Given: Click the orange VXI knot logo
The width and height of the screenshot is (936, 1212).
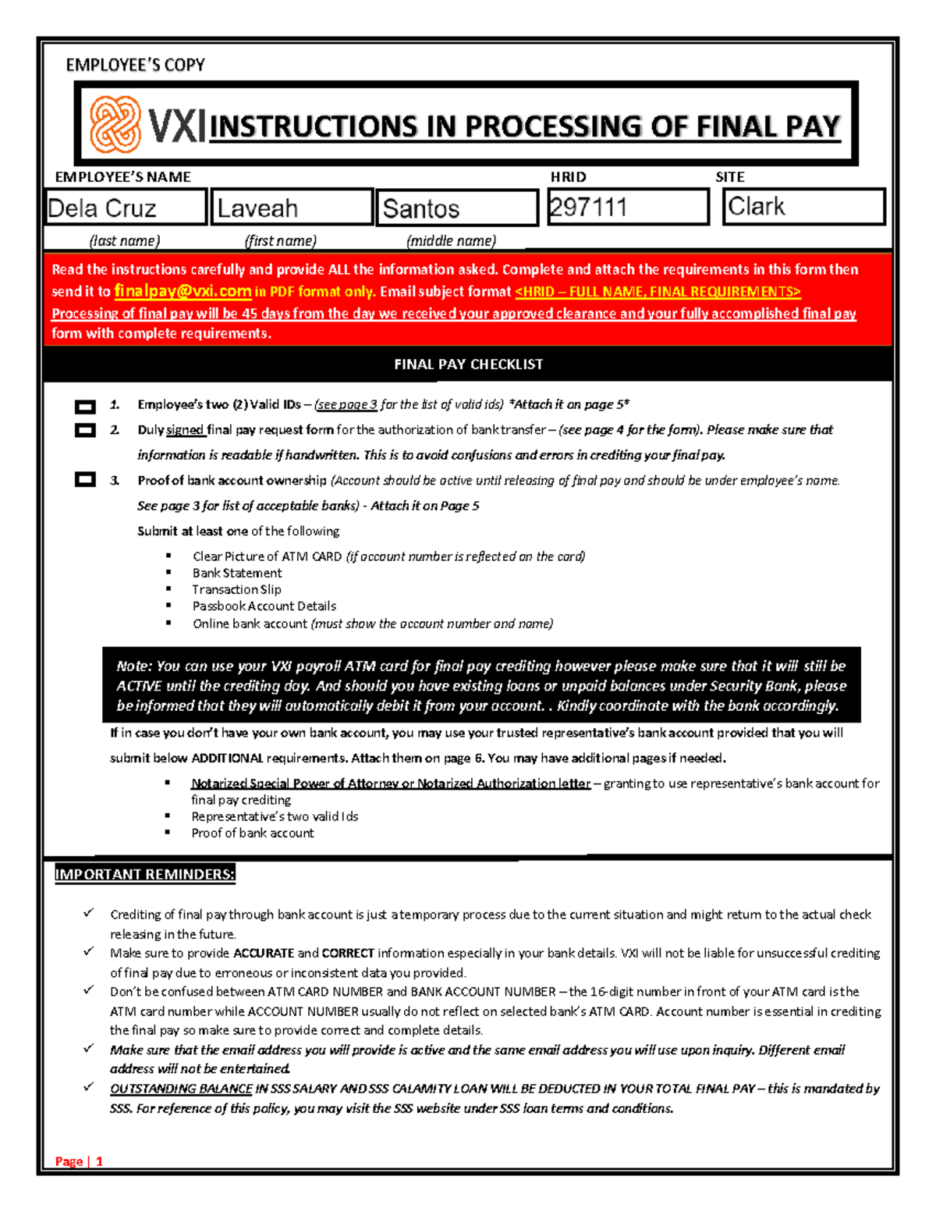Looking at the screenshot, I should coord(115,125).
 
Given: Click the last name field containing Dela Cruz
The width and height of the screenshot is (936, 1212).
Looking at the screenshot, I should coord(126,208).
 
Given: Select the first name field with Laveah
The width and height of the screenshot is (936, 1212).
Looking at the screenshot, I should coord(291,208).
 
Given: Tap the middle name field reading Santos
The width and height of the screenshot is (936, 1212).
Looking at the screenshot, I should coord(457,208).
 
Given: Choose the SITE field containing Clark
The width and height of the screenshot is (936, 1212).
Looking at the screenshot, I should coord(803,207).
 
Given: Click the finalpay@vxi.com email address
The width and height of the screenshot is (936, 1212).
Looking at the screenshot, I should coord(183,291).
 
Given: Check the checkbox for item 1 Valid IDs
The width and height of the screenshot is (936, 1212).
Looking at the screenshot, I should coord(85,407).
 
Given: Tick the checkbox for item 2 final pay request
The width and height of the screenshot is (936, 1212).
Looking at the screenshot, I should coord(85,431).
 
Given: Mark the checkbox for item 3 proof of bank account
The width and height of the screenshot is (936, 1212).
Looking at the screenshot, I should coord(85,480).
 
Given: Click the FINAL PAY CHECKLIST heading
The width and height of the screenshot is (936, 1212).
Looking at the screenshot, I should coord(468,364).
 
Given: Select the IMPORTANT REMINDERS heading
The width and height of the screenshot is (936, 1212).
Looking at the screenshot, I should coord(144,874).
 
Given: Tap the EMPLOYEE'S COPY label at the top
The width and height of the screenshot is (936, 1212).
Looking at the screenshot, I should coord(135,66).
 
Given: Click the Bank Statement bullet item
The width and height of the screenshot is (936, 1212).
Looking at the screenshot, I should coord(237,573).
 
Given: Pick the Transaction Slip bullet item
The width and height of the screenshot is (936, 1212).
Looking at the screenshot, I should coord(236,589).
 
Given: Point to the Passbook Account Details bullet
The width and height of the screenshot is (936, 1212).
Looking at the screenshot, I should coord(264,606).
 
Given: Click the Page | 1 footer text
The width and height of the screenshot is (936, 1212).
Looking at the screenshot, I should coord(79,1161).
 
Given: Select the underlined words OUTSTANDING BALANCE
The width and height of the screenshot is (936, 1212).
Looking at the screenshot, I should coord(181,1089).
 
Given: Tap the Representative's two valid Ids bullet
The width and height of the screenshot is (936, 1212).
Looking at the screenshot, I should coord(275,816).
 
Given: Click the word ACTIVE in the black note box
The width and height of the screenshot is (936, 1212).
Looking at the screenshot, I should coord(139,686).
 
